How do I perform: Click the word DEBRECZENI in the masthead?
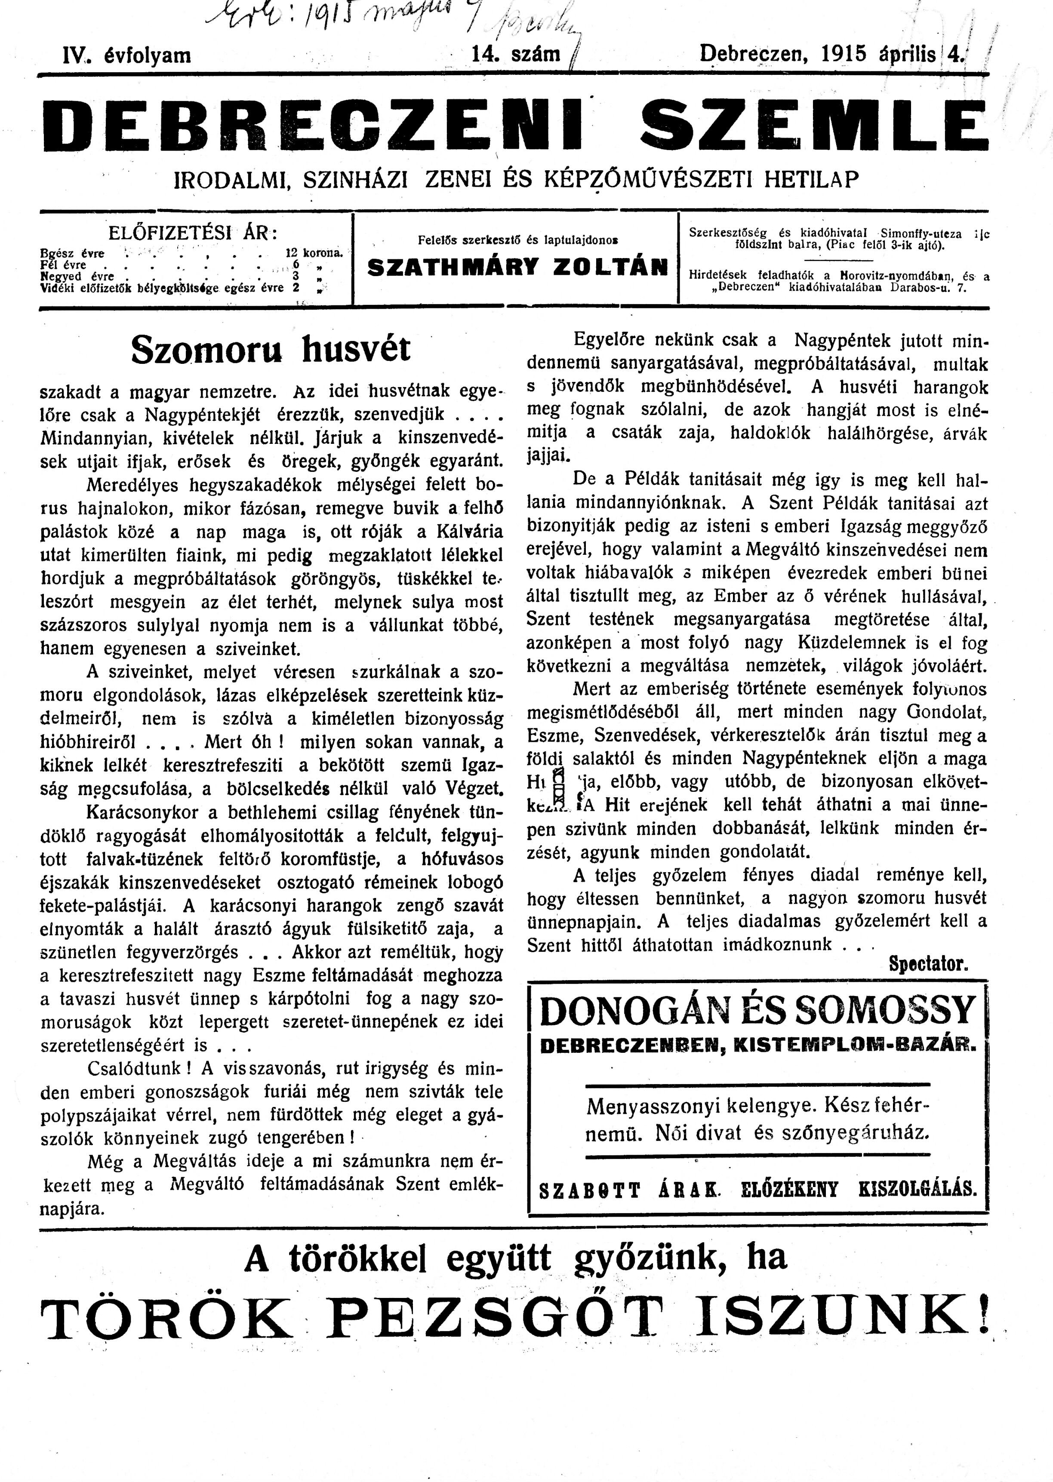click(x=318, y=124)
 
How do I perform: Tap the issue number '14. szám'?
click(x=517, y=55)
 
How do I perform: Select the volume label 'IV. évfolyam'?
click(x=126, y=55)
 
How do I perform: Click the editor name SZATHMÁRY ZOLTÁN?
click(x=517, y=268)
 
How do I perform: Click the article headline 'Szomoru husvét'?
click(x=271, y=350)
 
